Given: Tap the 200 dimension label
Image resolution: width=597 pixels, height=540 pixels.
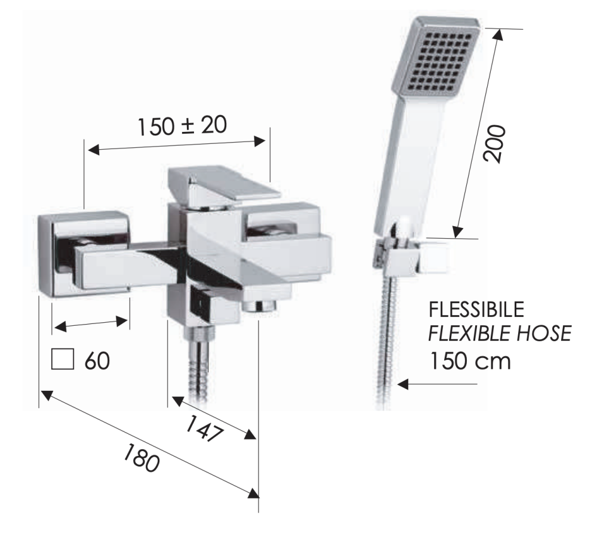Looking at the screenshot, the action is click(494, 143).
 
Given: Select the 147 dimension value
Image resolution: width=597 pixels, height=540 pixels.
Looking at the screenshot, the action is click(204, 428).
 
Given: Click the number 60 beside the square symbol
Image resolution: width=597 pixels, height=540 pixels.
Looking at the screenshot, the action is click(97, 360).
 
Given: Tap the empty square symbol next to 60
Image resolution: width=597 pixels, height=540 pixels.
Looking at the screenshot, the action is click(63, 359).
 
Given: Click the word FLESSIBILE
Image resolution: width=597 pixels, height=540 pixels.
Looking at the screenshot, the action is click(476, 310).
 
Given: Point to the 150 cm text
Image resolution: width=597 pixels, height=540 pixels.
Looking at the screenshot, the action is click(470, 361).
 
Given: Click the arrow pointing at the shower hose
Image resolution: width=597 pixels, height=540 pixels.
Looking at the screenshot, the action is click(437, 384).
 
